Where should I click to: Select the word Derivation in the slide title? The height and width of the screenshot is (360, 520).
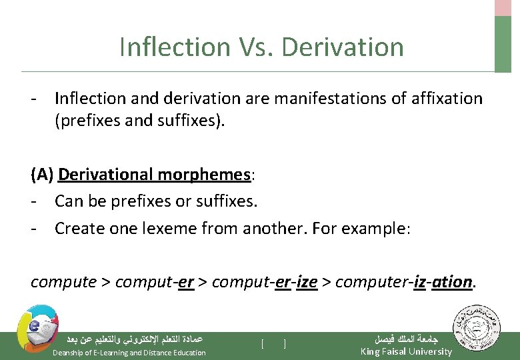point(343,47)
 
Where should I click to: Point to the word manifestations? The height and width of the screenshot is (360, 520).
point(323,99)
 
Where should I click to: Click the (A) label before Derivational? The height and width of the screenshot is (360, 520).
point(42,175)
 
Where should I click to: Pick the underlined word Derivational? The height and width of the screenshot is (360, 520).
point(107,175)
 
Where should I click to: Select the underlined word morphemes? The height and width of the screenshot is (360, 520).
point(205,175)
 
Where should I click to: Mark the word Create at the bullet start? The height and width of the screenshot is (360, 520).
point(76,229)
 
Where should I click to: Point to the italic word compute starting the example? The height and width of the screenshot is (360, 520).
point(63,282)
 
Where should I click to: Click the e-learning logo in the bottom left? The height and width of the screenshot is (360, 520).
point(37,327)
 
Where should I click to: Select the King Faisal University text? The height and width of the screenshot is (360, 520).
point(405,351)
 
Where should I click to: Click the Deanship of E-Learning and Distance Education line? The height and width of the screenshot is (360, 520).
point(129,352)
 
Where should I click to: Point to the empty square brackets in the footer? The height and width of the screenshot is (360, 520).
point(274,344)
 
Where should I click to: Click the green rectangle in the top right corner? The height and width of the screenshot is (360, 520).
point(503,43)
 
